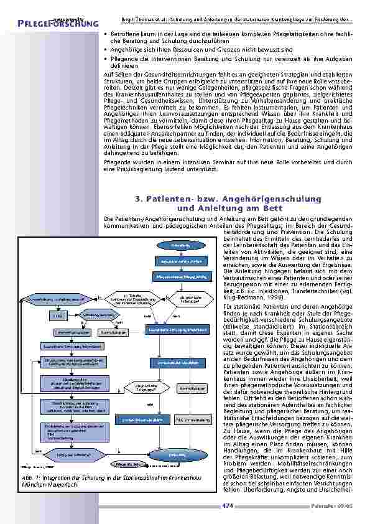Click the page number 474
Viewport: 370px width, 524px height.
pos(227,505)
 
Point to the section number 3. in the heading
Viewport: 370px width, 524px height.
pos(139,199)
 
